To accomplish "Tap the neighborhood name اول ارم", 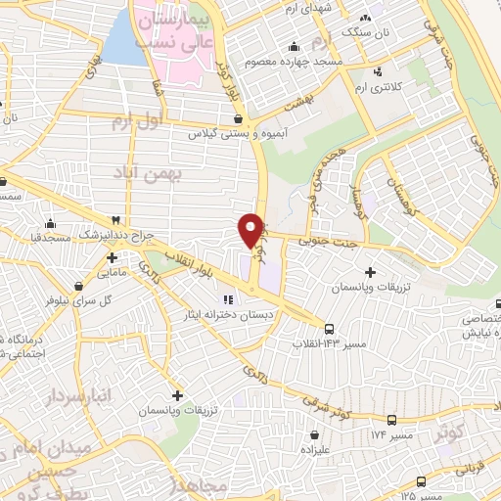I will pyautogui.click(x=134, y=120).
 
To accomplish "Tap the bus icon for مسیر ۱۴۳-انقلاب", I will pyautogui.click(x=328, y=329).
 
